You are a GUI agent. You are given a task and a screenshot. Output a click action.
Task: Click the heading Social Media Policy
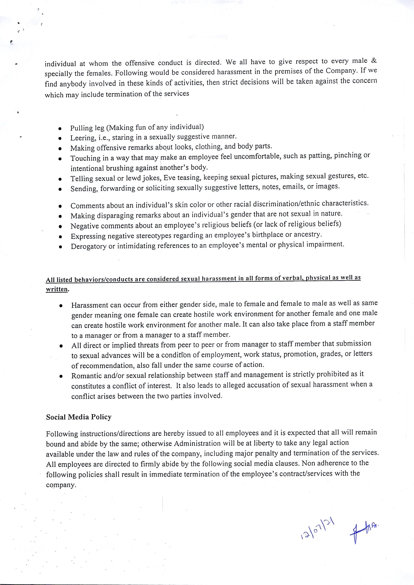[x=79, y=417]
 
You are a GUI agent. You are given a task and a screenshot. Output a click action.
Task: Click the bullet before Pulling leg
[x=60, y=128]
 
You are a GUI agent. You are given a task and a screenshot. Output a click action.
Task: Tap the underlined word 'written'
[x=57, y=289]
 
